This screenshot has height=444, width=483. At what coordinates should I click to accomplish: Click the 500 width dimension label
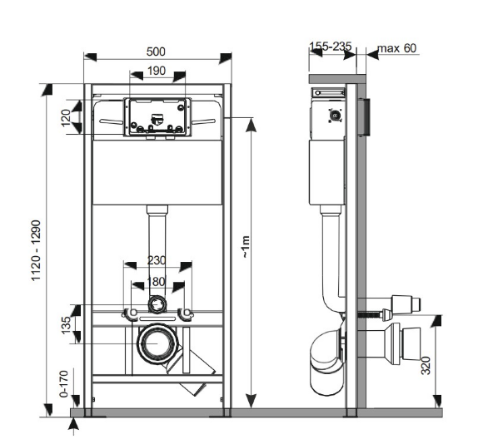(x=156, y=51)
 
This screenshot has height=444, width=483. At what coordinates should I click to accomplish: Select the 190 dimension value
(x=157, y=72)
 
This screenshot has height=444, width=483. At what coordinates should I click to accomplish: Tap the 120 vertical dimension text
(x=67, y=117)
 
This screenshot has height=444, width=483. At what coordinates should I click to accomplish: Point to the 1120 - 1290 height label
(x=37, y=249)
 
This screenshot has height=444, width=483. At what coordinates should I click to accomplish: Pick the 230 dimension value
(x=157, y=259)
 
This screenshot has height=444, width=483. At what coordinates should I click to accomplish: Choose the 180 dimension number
(x=157, y=281)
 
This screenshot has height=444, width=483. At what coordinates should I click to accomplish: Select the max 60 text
(x=397, y=48)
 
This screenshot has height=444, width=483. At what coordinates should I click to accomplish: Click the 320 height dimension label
(x=426, y=363)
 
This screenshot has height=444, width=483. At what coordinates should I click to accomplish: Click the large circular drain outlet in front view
(x=156, y=343)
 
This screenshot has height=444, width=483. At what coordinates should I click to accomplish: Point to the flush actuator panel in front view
(x=157, y=117)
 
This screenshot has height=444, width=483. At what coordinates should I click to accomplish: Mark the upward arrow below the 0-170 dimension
(x=74, y=426)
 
